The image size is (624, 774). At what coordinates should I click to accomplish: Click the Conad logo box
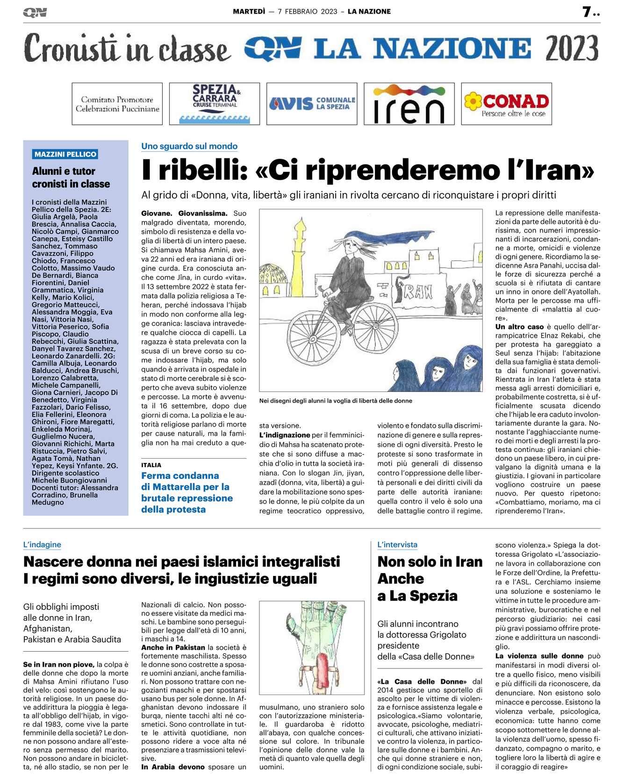(x=506, y=104)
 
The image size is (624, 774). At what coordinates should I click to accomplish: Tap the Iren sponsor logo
(x=409, y=104)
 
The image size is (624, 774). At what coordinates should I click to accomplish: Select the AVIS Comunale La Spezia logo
(x=312, y=104)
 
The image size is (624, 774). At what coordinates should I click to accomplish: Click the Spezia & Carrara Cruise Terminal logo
(x=214, y=104)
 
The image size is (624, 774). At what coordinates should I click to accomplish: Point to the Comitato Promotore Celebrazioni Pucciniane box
(x=117, y=104)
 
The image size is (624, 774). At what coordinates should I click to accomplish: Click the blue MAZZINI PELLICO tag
(x=65, y=154)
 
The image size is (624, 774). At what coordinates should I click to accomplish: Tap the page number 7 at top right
(x=587, y=12)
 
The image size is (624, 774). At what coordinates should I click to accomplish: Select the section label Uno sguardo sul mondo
(x=189, y=146)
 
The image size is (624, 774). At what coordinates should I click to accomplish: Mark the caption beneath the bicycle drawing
(x=336, y=401)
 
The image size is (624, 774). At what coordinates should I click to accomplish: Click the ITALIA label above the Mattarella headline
(x=151, y=465)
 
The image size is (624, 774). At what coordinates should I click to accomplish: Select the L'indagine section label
(x=42, y=545)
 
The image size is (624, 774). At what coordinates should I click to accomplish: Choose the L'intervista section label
(x=397, y=545)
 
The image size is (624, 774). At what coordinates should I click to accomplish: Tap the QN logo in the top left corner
(x=35, y=13)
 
